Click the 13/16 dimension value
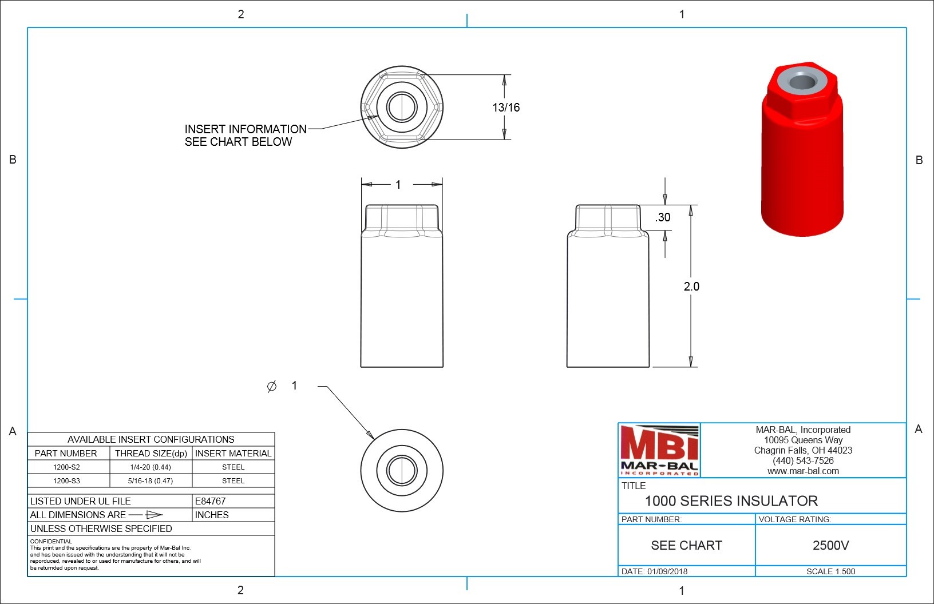tap(506, 108)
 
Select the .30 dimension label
tap(663, 217)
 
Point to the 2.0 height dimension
tap(691, 287)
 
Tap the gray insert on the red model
tap(802, 81)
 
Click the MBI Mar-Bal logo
tap(659, 451)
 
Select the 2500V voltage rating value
tap(830, 546)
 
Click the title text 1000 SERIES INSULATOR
tap(731, 501)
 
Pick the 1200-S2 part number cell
tap(66, 467)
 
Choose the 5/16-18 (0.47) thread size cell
tap(151, 481)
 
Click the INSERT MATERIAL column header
tap(233, 454)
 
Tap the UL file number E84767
tap(210, 501)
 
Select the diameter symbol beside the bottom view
tap(272, 387)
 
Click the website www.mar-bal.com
tap(803, 471)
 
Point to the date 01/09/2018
tap(667, 571)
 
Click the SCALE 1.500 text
tap(830, 571)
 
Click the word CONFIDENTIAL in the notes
tap(51, 541)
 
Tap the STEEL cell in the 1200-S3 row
tap(233, 481)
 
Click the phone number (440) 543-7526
tap(803, 461)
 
